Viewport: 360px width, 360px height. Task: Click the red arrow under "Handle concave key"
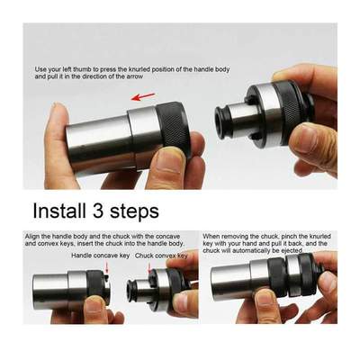coord(107,267)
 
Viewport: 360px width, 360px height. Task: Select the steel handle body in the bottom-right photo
coord(236,283)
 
